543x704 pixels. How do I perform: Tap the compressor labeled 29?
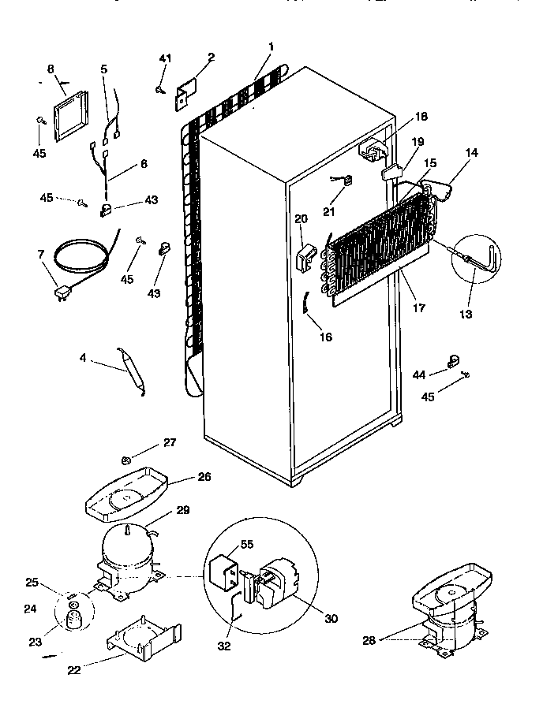point(126,548)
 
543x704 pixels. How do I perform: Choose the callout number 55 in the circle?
point(247,544)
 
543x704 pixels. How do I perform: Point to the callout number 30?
point(330,619)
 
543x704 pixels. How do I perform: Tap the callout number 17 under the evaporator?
point(418,308)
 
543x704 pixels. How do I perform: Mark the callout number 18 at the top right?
point(421,117)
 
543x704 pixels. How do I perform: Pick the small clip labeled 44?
point(454,362)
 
